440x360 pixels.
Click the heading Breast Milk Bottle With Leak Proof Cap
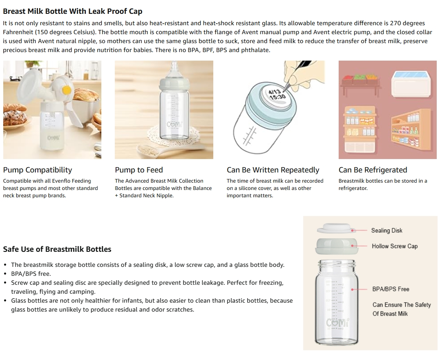pyautogui.click(x=72, y=11)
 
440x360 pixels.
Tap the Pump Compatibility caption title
pyautogui.click(x=37, y=170)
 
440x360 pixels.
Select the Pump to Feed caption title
pyautogui.click(x=139, y=170)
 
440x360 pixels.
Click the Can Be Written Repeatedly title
pyautogui.click(x=273, y=170)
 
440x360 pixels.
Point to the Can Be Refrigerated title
pyautogui.click(x=372, y=170)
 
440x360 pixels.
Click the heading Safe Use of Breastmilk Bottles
pyautogui.click(x=57, y=249)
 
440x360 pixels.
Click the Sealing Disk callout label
pyautogui.click(x=386, y=231)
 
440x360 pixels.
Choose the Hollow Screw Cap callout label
pyautogui.click(x=394, y=246)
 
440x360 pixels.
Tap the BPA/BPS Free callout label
pyautogui.click(x=391, y=289)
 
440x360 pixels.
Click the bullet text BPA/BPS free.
pyautogui.click(x=31, y=274)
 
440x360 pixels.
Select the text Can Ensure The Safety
pyautogui.click(x=401, y=305)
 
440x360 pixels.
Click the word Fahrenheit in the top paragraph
pyautogui.click(x=18, y=32)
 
